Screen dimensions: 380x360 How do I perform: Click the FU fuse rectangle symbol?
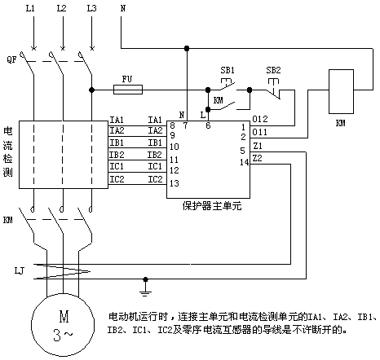[x=128, y=90]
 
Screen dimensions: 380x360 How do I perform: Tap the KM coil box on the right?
[x=341, y=91]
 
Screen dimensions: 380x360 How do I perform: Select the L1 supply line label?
[x=30, y=8]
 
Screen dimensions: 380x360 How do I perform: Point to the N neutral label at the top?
[x=123, y=8]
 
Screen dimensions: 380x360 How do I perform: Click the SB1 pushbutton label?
[x=228, y=70]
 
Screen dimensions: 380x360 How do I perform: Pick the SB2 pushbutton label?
[x=273, y=70]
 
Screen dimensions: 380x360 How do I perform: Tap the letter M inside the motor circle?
[x=64, y=317]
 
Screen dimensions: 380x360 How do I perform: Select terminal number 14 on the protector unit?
[x=244, y=162]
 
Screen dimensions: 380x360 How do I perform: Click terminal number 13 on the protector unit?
[x=175, y=183]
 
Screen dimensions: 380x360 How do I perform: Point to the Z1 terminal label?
[x=258, y=146]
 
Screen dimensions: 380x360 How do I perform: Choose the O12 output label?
[x=260, y=119]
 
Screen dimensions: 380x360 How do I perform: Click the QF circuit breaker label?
[x=11, y=59]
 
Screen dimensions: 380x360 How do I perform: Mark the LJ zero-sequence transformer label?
[x=19, y=270]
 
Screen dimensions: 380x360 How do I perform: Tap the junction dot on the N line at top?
[x=187, y=49]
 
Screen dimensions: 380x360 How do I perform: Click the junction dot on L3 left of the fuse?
[x=92, y=90]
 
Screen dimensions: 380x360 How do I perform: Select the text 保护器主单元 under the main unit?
[x=212, y=206]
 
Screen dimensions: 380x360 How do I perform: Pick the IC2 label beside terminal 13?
[x=155, y=179]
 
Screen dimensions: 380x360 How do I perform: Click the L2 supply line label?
[x=61, y=8]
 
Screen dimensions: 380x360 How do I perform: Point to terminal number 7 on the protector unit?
[x=185, y=125]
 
